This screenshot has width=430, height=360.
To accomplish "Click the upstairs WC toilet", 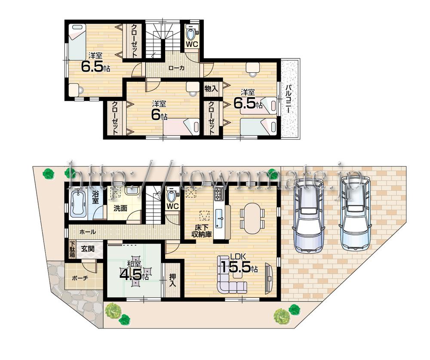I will pyautogui.click(x=191, y=33).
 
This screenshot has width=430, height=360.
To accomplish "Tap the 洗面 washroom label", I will pyautogui.click(x=120, y=208).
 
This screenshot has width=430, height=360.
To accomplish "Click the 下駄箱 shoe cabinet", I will pyautogui.click(x=73, y=249).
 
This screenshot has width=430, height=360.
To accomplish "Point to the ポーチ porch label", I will pyautogui.click(x=80, y=278).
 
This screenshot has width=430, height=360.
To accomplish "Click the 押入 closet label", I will pyautogui.click(x=172, y=280).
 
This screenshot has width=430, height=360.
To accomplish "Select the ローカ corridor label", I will pyautogui.click(x=176, y=68).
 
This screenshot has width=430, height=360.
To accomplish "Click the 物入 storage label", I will pyautogui.click(x=211, y=89).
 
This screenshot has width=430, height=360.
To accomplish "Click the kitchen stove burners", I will pyautogui.click(x=218, y=194).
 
